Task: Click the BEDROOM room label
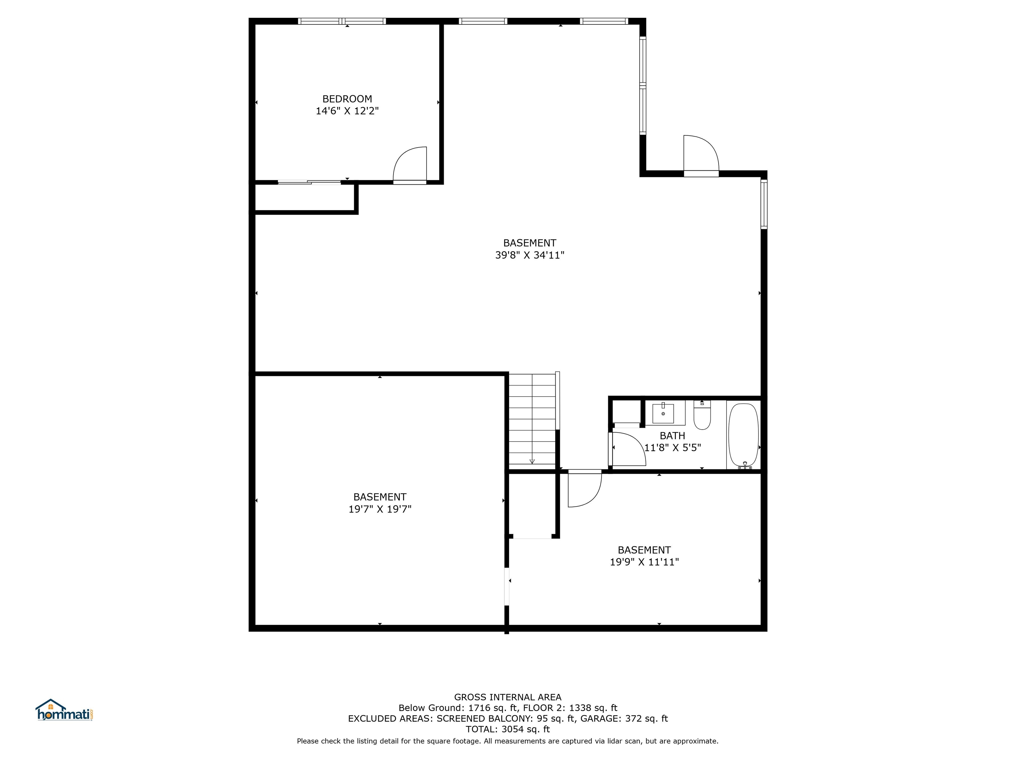(347, 99)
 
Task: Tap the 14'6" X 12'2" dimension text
(347, 111)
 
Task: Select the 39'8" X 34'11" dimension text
(529, 255)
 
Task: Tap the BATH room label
(672, 436)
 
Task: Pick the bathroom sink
(663, 413)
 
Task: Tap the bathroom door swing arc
(628, 449)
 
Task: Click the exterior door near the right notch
(701, 155)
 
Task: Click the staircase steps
(532, 418)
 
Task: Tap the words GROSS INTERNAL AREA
(508, 697)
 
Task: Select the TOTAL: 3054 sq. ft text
(508, 729)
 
